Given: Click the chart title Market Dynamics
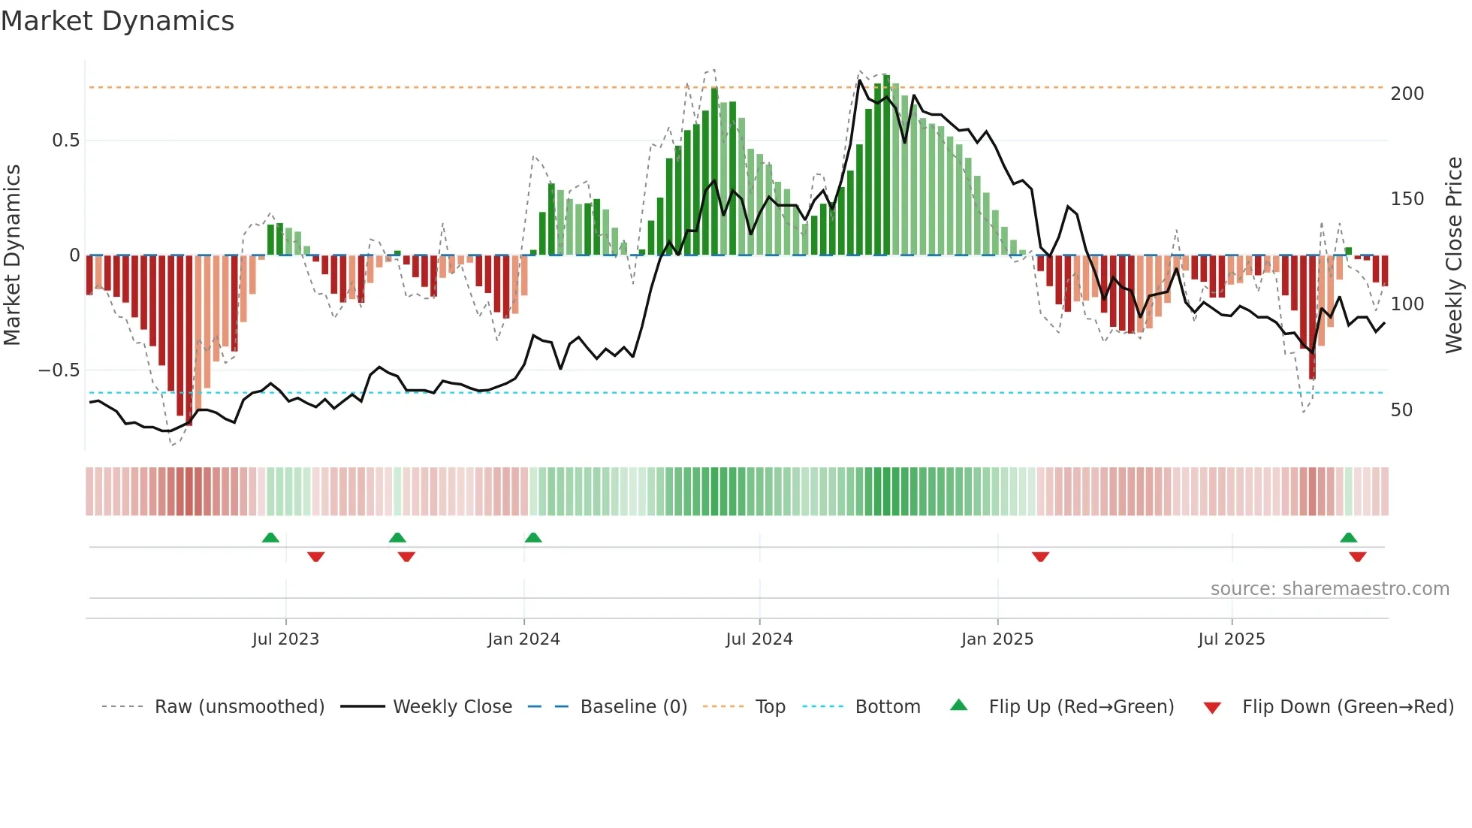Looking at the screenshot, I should (117, 21).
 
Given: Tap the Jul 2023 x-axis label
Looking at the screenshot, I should (285, 639).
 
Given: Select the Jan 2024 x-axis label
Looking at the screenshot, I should (523, 639).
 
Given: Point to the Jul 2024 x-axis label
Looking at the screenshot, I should (759, 639).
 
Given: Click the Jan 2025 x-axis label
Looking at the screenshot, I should (997, 639).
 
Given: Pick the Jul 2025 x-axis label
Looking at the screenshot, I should (1231, 639).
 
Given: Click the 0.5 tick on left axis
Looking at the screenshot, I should (65, 141).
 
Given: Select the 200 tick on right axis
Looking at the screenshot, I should (1407, 94).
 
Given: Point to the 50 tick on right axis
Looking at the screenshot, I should (1401, 410).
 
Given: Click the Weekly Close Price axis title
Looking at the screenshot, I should (1454, 255).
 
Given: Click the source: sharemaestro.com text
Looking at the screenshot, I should (1329, 589).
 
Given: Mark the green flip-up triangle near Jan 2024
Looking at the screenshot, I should (533, 538).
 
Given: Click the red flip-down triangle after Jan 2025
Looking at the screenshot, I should (1040, 557).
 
